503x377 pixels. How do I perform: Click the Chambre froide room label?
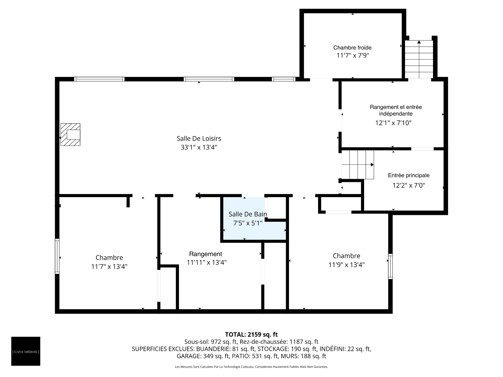[352, 48]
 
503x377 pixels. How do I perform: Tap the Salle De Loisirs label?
[199, 138]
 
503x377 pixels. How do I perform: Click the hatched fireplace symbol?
[70, 135]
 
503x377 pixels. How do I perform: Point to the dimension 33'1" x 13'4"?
[199, 147]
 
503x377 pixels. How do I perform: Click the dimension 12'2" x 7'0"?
[409, 185]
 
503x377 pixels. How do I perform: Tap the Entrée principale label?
[409, 175]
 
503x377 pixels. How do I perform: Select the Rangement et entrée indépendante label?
[396, 110]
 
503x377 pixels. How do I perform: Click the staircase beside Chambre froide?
[419, 59]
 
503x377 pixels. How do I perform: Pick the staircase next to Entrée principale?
[358, 165]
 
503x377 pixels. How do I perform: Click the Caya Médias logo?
[26, 351]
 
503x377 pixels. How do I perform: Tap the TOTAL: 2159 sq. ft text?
[251, 334]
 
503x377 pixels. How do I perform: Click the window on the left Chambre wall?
[57, 256]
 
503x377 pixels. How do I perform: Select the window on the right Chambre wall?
[390, 266]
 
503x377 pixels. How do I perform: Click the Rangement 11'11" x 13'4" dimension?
[206, 262]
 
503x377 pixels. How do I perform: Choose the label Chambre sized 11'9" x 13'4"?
[346, 256]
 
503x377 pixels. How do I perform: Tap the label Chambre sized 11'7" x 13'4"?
[109, 258]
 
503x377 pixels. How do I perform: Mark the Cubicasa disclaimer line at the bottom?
[251, 367]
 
